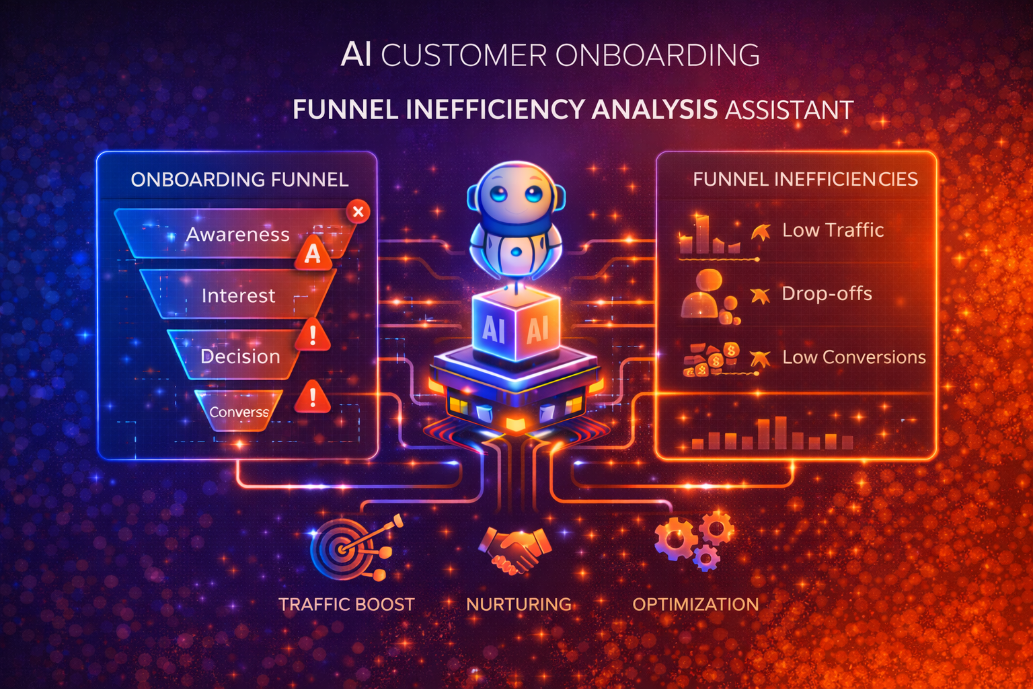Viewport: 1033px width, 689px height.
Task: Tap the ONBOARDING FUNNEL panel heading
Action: (x=239, y=180)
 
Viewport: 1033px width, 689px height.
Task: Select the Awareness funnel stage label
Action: (x=237, y=234)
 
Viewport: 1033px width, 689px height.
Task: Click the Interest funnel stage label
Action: (x=238, y=295)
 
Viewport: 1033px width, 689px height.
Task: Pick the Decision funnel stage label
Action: (x=240, y=356)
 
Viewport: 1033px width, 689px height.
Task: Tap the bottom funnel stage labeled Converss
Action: (x=239, y=412)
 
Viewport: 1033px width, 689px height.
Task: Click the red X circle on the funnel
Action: (x=358, y=212)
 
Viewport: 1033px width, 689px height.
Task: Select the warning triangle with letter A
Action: (x=313, y=254)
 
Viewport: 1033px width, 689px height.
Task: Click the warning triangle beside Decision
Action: (x=312, y=336)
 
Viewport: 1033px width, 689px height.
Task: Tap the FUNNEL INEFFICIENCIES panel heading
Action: (x=805, y=180)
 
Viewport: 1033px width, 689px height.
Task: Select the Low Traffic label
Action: (x=833, y=230)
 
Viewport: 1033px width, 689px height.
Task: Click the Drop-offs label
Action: (x=827, y=293)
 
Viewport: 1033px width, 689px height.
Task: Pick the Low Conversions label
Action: (x=853, y=357)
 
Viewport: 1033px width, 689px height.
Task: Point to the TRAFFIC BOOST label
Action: (x=346, y=604)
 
